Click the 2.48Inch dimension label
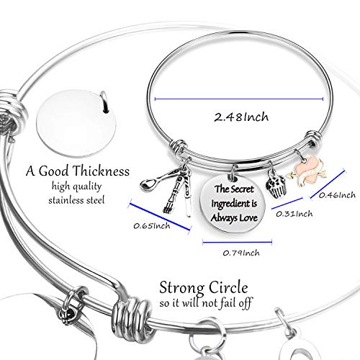[241, 117]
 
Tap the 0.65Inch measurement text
[152, 226]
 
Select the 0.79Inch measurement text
[241, 253]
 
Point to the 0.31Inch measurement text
[294, 214]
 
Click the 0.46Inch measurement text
[337, 195]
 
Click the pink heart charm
[307, 170]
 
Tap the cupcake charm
[276, 186]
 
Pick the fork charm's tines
[168, 207]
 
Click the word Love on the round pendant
[248, 217]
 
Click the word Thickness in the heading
[101, 171]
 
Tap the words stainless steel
[76, 200]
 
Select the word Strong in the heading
[182, 288]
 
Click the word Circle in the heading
[228, 287]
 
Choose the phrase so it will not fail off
[206, 302]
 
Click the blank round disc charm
[76, 123]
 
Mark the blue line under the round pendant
[238, 242]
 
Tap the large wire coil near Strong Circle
[132, 318]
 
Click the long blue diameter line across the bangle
[239, 99]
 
